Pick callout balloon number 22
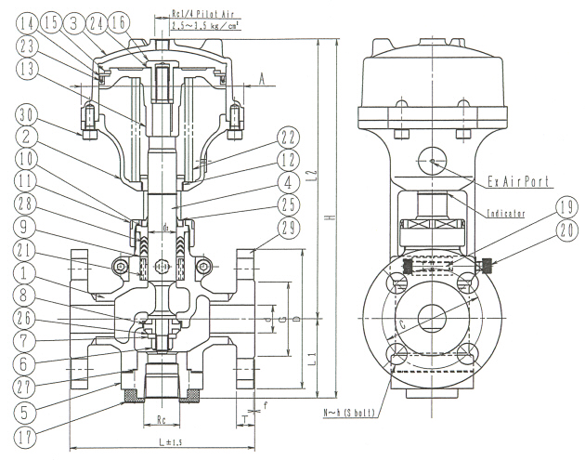[x=286, y=137]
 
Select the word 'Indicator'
[x=506, y=214]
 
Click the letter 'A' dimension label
[x=263, y=80]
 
